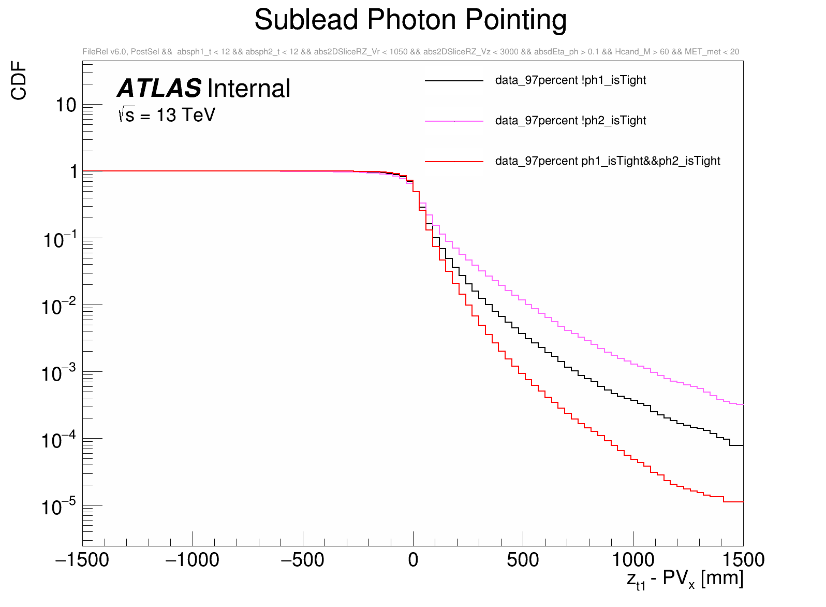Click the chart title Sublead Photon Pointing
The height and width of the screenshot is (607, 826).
coord(410,21)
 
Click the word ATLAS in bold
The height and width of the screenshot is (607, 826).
coord(159,89)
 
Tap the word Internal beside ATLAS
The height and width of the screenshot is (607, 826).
coord(249,89)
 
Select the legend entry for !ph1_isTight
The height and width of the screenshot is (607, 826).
coord(570,80)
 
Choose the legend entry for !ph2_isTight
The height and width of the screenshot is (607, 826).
coord(570,121)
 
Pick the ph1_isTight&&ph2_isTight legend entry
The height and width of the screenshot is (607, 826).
coord(608,161)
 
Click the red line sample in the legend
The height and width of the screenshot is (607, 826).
coord(454,162)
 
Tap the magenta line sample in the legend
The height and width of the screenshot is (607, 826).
coord(454,121)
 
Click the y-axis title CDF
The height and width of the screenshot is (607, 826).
coord(19,80)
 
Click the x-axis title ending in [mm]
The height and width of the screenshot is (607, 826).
coord(685,579)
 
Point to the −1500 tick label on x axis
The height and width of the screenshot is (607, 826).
coord(82,560)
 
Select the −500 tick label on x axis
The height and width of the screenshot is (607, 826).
coord(302,560)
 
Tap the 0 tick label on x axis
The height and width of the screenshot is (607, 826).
coord(413,560)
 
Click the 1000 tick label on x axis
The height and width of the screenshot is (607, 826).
coord(633,560)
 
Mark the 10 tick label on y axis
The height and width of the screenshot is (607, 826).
coord(66,105)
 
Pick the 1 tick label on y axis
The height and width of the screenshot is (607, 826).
coord(73,171)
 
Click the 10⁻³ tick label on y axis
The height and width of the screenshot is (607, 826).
coord(58,373)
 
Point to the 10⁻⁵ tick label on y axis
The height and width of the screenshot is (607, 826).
coord(58,507)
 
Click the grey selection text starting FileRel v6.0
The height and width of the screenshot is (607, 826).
coord(410,52)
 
